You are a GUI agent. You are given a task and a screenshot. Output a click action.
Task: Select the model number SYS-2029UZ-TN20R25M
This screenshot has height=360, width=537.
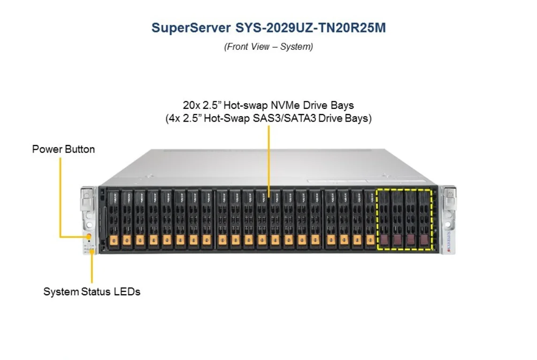tap(309, 28)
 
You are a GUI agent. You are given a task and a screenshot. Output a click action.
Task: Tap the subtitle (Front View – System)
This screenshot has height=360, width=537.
tap(268, 47)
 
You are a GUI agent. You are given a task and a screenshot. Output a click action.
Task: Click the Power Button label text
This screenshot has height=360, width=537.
tap(63, 149)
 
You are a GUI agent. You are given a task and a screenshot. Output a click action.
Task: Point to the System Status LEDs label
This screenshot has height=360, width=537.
tap(92, 291)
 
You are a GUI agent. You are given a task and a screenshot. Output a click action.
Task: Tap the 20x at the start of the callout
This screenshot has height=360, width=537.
tap(191, 104)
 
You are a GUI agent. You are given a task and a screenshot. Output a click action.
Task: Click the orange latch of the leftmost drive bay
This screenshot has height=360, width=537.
tap(113, 240)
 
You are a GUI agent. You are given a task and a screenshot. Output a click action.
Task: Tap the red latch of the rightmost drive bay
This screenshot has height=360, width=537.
tap(425, 240)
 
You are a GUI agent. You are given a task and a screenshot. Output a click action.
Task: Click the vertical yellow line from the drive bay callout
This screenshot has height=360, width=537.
tap(268, 160)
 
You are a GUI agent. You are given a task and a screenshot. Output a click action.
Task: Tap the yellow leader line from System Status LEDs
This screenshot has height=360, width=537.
tap(92, 268)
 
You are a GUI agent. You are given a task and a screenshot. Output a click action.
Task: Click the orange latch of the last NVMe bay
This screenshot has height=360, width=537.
tap(369, 240)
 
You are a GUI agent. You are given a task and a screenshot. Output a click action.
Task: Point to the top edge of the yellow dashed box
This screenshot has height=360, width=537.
tap(404, 190)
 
